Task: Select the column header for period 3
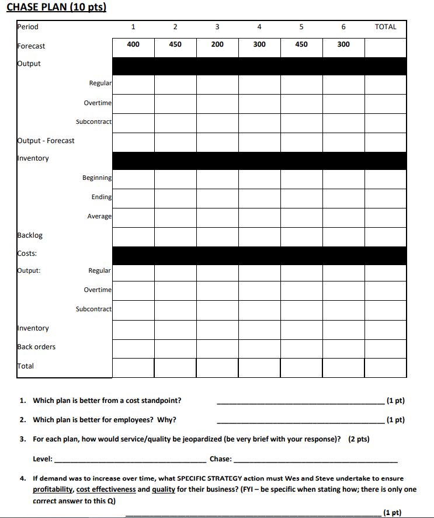(x=217, y=27)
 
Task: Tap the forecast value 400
(x=133, y=44)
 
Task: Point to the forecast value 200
(x=217, y=44)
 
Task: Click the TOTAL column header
(x=386, y=27)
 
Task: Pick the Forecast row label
(x=31, y=46)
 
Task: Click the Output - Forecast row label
(x=46, y=141)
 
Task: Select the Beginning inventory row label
(x=97, y=178)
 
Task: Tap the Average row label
(x=99, y=216)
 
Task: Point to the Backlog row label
(x=30, y=235)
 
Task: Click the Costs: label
(x=27, y=253)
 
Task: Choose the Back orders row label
(x=36, y=347)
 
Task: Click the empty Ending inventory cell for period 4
(x=259, y=197)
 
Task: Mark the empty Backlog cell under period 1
(x=133, y=236)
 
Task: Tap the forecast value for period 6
(x=343, y=44)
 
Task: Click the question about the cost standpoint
(x=107, y=401)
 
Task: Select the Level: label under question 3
(x=43, y=459)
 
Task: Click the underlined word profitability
(x=53, y=489)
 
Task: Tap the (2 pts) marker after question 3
(x=359, y=439)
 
